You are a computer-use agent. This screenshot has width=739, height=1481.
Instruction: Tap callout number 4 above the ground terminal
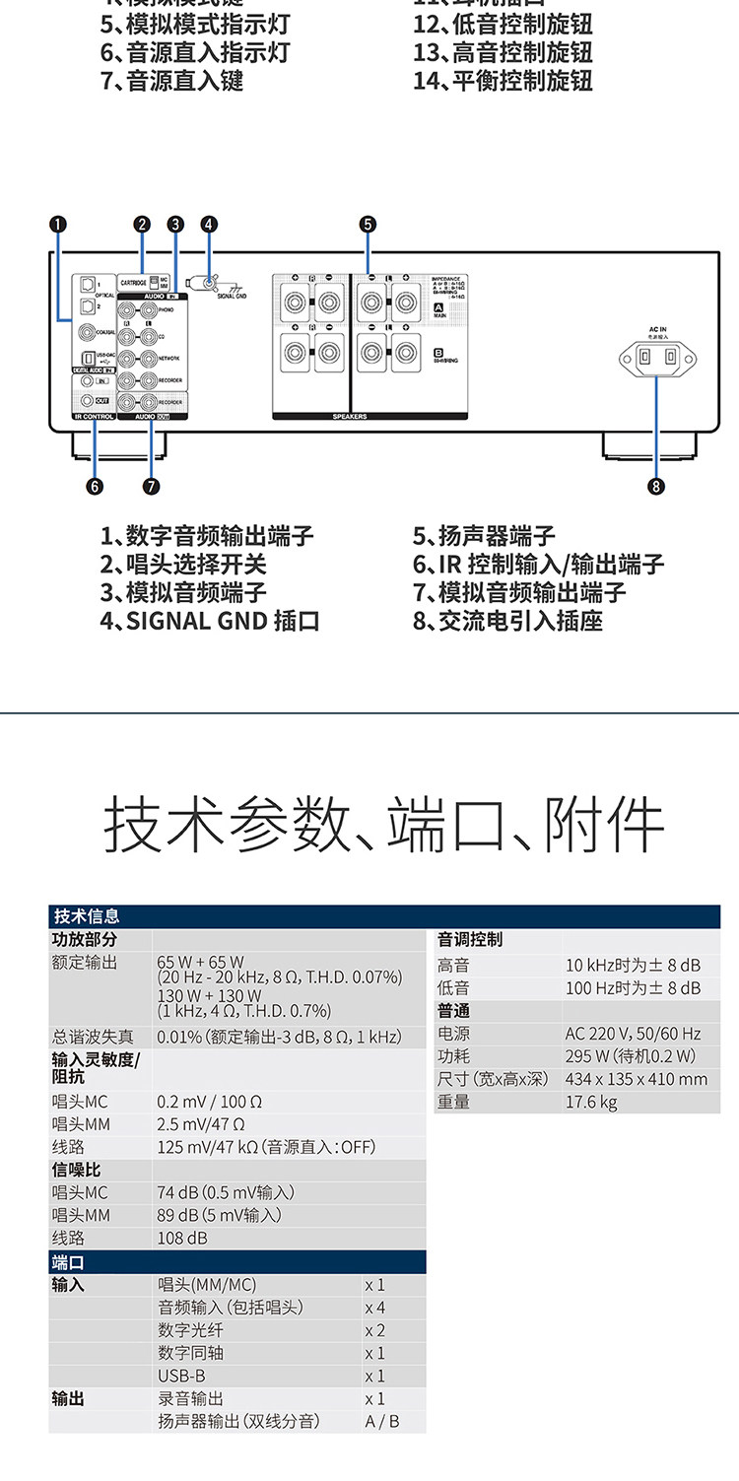coord(208,225)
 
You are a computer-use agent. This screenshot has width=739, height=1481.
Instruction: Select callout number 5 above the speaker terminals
coord(368,225)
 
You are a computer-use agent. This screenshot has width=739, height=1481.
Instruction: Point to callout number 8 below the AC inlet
coord(656,485)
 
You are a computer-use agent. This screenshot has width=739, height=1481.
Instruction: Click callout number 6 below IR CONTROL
coord(95,485)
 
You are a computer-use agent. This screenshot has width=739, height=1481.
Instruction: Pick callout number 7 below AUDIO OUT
coord(151,485)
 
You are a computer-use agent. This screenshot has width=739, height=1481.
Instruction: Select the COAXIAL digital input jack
coord(89,333)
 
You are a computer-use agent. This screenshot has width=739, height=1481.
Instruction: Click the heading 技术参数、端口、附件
coord(383,826)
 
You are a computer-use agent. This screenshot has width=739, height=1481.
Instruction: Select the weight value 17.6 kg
coord(591,1102)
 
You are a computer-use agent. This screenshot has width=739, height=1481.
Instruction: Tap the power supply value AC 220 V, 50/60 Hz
coord(633,1034)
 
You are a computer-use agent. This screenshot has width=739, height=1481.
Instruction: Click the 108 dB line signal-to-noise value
coord(182,1238)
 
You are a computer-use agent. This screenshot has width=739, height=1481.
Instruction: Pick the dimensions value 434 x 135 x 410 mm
coord(637,1079)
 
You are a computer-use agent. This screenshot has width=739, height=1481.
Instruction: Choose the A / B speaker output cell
coord(382,1421)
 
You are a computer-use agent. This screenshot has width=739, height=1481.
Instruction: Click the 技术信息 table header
coord(87,916)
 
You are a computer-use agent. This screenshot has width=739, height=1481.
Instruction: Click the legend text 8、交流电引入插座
coord(507,621)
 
